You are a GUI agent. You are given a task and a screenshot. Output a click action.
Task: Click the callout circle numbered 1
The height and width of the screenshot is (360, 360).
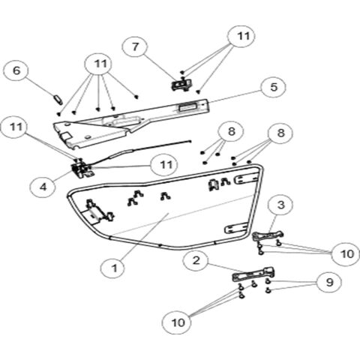click(114, 268)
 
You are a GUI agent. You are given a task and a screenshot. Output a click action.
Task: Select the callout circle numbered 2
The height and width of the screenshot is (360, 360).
click(196, 260)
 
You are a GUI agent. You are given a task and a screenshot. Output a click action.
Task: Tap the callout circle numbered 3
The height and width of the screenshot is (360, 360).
click(281, 205)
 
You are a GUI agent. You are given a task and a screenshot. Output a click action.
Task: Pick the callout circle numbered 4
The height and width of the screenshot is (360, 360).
click(43, 187)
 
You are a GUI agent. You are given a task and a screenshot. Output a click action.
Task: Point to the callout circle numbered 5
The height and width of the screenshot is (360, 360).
click(274, 87)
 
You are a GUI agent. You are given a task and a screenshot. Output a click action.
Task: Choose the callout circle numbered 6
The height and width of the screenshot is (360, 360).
click(16, 70)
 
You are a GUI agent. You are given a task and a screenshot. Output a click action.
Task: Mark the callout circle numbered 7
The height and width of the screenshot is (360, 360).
click(135, 46)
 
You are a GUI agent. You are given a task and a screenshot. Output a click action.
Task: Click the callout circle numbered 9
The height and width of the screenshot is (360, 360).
click(329, 282)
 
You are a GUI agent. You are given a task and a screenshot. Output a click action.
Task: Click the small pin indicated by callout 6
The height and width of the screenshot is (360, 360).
click(58, 100)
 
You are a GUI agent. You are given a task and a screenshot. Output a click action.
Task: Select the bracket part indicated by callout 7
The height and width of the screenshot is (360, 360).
click(181, 84)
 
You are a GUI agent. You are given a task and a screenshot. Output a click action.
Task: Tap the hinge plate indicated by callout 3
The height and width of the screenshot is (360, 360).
click(268, 235)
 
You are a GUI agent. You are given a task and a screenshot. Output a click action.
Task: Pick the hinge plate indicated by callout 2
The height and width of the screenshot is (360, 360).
click(253, 274)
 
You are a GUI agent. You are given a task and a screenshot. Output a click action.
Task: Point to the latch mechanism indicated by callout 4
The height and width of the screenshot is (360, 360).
click(82, 169)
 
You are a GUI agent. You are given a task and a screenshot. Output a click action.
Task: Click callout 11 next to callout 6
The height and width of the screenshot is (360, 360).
click(100, 64)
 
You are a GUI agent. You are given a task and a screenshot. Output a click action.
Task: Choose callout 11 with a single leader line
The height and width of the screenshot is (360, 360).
click(166, 165)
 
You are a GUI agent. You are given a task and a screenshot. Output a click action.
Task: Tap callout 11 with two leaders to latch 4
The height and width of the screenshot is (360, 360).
click(16, 127)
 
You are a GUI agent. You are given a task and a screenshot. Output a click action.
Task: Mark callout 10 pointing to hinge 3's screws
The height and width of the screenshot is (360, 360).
click(346, 253)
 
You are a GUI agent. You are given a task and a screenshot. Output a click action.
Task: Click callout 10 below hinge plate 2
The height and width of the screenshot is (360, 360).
click(178, 322)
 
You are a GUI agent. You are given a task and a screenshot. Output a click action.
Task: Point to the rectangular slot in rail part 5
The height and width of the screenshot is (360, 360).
click(187, 107)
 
